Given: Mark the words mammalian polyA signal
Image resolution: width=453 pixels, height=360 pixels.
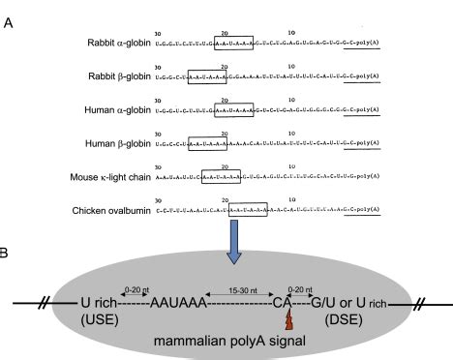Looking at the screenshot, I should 227,340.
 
